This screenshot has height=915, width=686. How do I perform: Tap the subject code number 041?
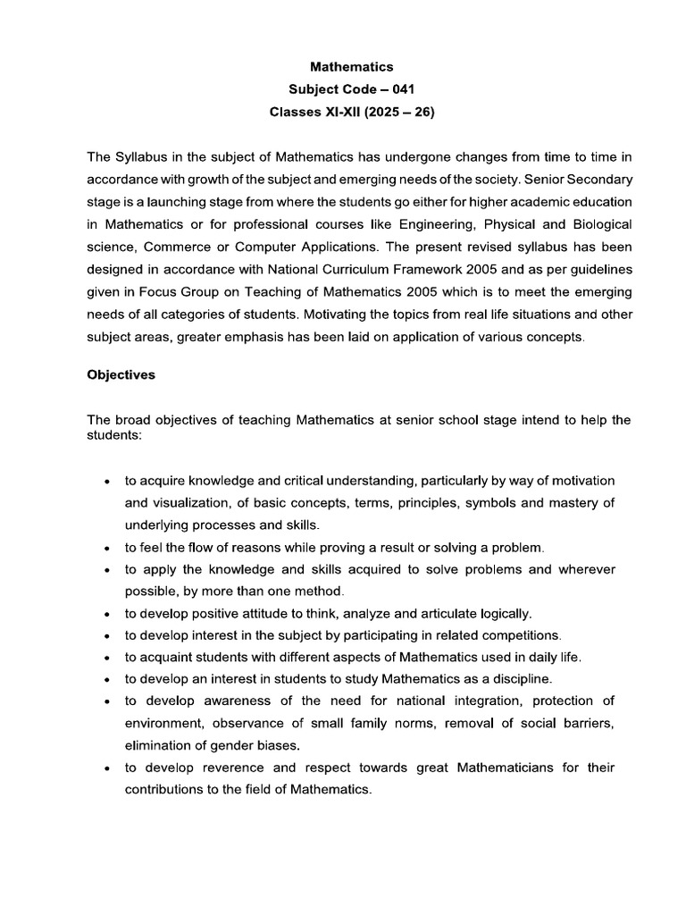pos(401,90)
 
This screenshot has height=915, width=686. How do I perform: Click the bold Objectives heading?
pos(121,375)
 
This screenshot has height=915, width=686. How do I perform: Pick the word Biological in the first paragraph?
pos(600,222)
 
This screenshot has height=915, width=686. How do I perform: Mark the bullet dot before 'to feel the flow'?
pos(107,548)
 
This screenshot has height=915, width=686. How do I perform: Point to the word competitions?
pos(521,635)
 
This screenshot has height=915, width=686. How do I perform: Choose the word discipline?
pos(522,679)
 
